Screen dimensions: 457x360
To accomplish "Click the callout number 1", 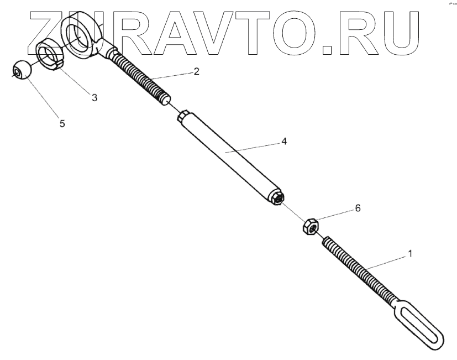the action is point(409,253).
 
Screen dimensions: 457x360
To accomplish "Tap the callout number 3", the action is point(94,97).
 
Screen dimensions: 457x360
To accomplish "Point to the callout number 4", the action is point(283,141).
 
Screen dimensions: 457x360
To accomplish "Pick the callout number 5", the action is point(62,124).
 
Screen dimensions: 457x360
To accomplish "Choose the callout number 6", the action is point(358,208).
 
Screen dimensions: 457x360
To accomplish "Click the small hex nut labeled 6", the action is point(309,226).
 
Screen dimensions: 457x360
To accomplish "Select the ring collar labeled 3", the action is point(50,56).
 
